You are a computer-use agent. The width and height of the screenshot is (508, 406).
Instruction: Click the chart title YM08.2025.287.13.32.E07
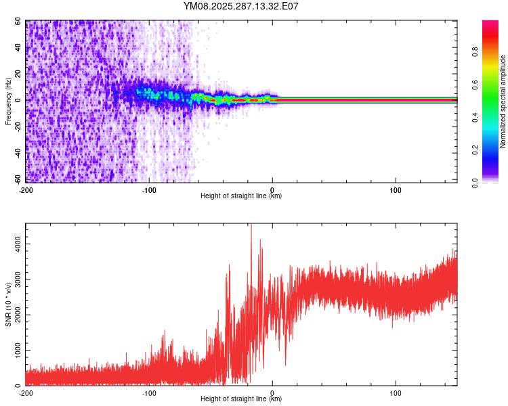click(x=241, y=7)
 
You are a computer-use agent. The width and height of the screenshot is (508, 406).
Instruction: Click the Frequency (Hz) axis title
click(x=8, y=101)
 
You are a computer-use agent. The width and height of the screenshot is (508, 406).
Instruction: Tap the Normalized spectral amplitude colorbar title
click(x=503, y=101)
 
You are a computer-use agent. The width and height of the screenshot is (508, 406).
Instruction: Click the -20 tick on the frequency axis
click(x=17, y=127)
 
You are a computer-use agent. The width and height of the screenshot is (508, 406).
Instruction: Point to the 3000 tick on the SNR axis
click(x=14, y=278)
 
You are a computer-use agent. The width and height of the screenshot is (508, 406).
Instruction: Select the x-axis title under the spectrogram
click(x=241, y=196)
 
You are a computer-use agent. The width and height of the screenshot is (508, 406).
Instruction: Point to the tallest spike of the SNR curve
click(x=251, y=225)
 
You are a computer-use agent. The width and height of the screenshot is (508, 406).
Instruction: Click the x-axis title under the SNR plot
click(x=241, y=399)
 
